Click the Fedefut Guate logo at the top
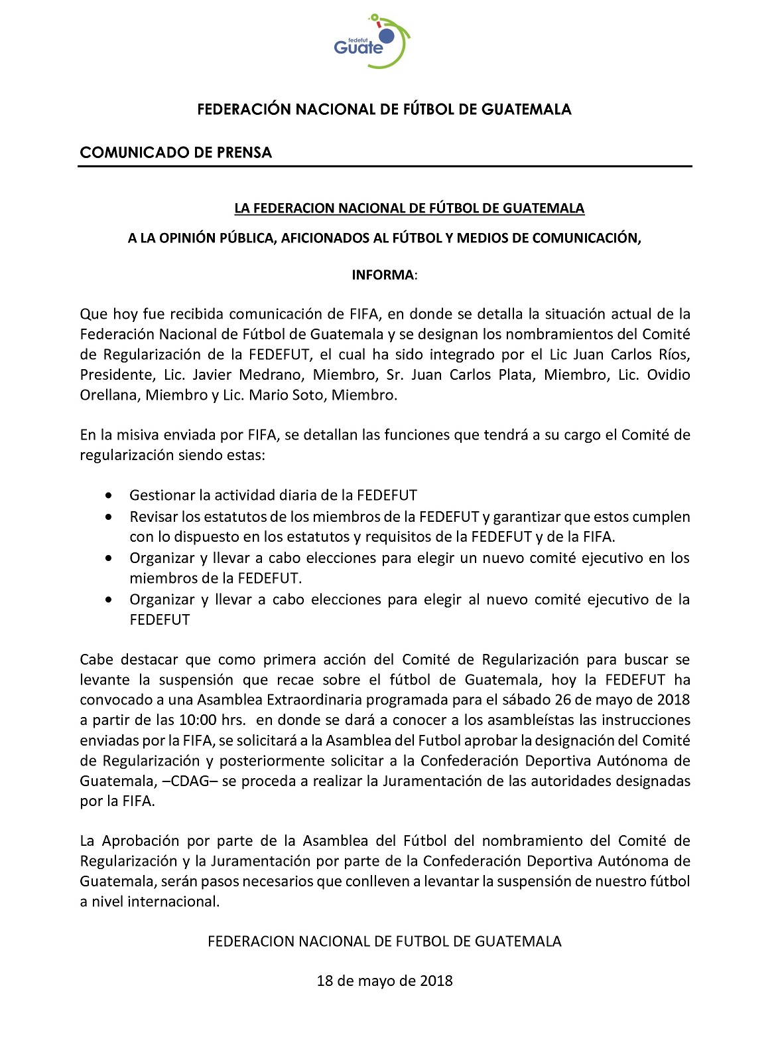coord(372,41)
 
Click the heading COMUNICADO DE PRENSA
coord(176,153)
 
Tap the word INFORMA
coord(383,275)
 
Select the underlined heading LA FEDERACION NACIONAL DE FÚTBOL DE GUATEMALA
coord(409,208)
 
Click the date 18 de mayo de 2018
coord(385,981)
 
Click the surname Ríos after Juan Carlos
coord(673,355)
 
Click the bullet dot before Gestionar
coord(109,495)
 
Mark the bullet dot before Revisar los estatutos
coord(109,517)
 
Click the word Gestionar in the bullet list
coord(162,495)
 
